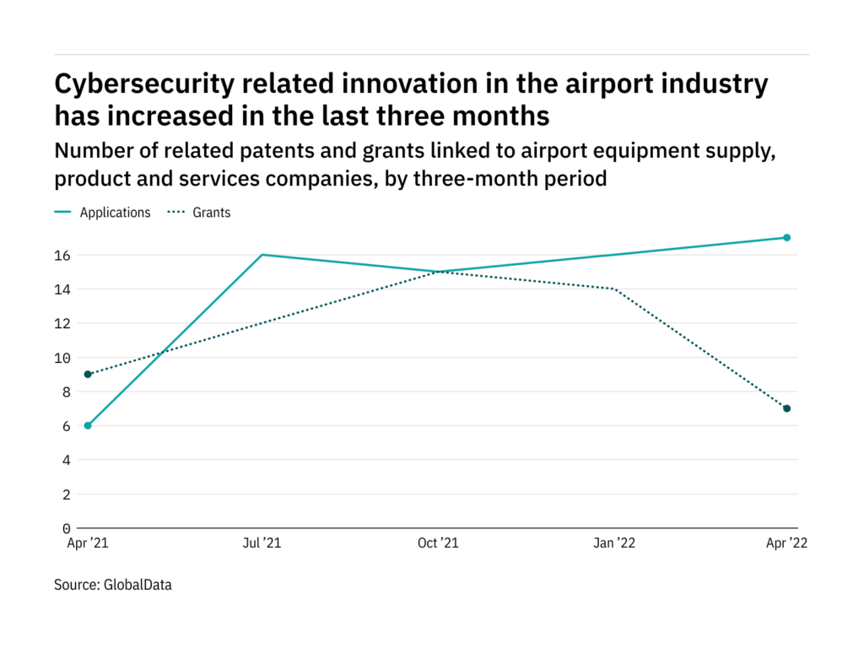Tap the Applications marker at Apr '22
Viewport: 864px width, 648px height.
click(x=786, y=238)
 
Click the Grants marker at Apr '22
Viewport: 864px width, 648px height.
click(x=786, y=408)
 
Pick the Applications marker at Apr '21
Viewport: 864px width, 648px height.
click(x=88, y=425)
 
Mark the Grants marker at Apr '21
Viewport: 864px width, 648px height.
click(x=88, y=374)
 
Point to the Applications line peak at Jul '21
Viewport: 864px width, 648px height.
click(x=262, y=255)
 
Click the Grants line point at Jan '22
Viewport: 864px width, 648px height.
click(x=612, y=289)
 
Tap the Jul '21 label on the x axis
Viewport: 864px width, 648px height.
click(x=262, y=544)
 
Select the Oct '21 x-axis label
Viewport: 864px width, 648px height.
click(x=437, y=544)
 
